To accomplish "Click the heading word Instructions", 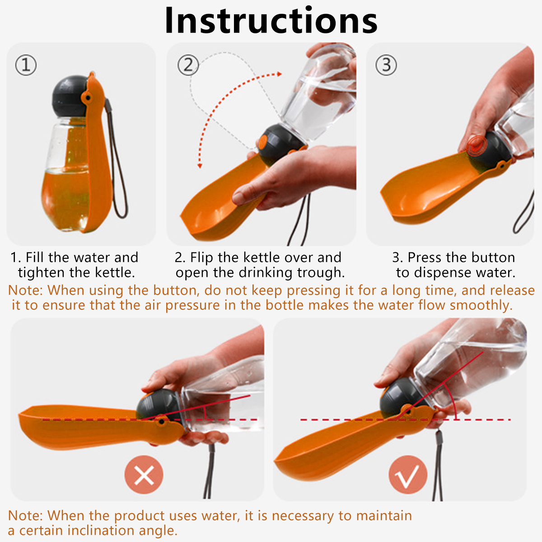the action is [x=271, y=20].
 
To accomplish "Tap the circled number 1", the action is [x=26, y=65].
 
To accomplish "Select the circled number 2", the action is [x=188, y=65].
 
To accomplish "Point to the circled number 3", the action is [x=386, y=65].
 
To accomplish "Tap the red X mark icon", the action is [x=144, y=475].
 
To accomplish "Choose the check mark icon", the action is [x=408, y=475].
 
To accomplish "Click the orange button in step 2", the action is [x=263, y=142].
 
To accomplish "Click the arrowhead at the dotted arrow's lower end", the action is [x=200, y=166].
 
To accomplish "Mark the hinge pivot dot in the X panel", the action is [x=161, y=421].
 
